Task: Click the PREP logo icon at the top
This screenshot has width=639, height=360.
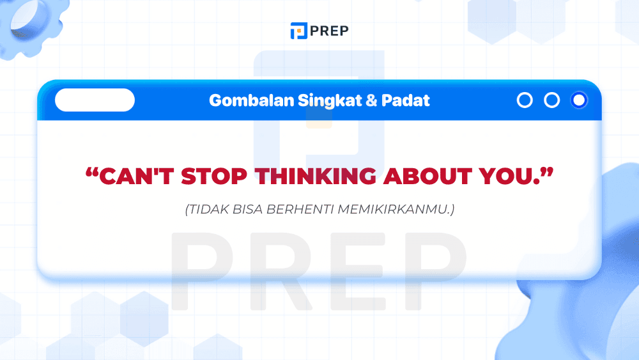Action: [298, 31]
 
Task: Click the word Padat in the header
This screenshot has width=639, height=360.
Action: [406, 100]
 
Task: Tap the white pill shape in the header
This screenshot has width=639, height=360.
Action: [95, 100]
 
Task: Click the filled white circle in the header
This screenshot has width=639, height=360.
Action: [579, 100]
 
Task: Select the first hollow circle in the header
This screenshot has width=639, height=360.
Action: [525, 100]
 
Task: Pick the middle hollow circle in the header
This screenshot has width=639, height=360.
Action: [551, 100]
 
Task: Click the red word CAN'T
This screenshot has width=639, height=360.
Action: [136, 176]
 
